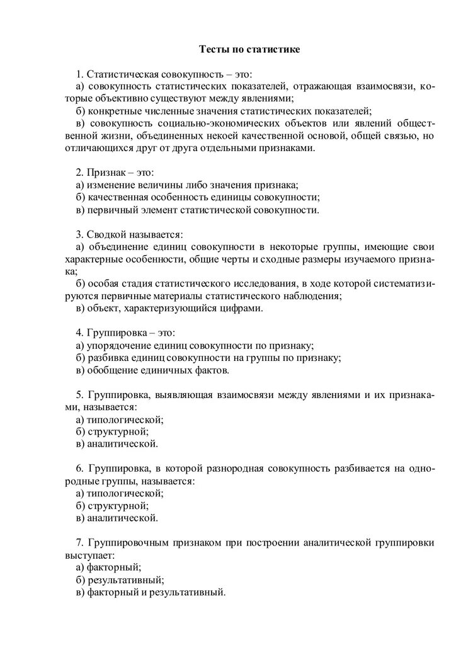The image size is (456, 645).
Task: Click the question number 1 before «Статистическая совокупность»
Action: click(79, 74)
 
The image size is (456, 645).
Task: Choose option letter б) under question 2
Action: click(80, 197)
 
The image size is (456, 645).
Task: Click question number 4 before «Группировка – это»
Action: click(79, 333)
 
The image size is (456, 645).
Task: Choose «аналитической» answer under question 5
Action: click(123, 444)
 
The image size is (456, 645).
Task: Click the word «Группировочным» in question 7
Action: click(125, 543)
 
